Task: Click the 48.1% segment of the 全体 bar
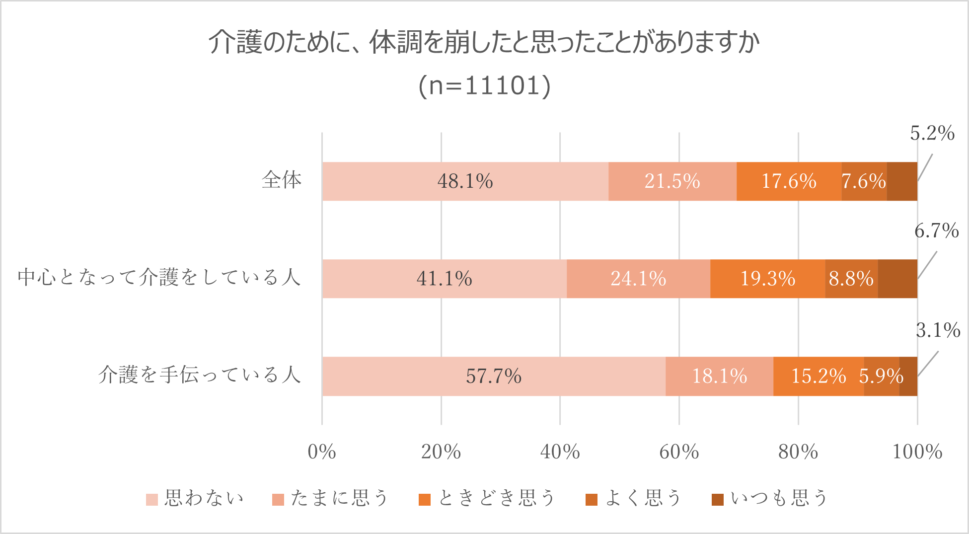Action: click(465, 181)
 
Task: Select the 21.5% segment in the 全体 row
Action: click(672, 181)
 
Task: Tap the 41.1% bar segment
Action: click(444, 279)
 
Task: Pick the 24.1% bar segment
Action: click(638, 279)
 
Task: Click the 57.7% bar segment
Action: click(493, 376)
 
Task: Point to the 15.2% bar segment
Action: click(818, 376)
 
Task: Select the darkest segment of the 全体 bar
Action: click(902, 181)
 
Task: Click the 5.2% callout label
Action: click(932, 133)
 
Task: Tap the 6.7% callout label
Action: click(936, 231)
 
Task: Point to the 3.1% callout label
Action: click(938, 330)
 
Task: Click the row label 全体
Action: click(282, 180)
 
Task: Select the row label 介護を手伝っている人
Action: click(200, 375)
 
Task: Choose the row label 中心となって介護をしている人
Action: click(159, 277)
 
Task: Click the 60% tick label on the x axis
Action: click(679, 452)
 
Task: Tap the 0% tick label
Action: click(322, 452)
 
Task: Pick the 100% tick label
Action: click(917, 452)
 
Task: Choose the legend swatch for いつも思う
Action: click(717, 499)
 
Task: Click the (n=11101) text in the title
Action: click(484, 85)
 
